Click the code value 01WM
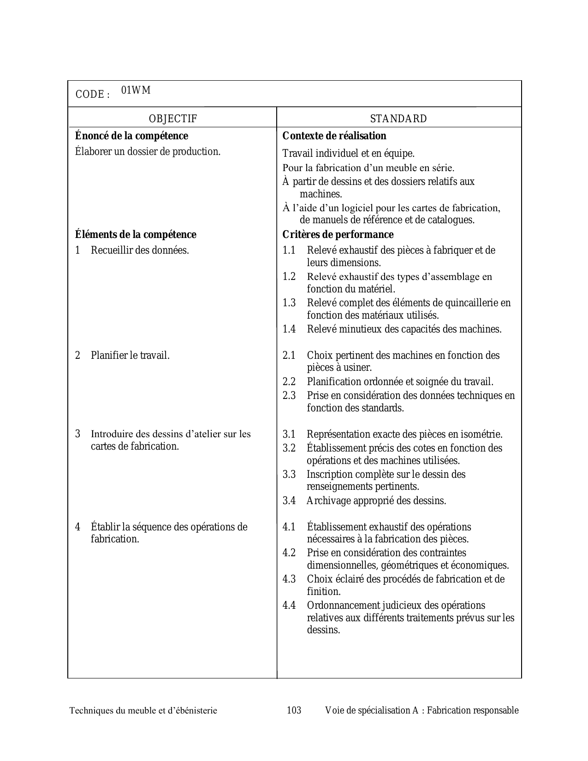pyautogui.click(x=136, y=90)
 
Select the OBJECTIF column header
pyautogui.click(x=173, y=119)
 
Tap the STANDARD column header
pyautogui.click(x=398, y=119)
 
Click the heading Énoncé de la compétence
pyautogui.click(x=131, y=136)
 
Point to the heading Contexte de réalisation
pyautogui.click(x=334, y=136)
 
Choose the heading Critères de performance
pyautogui.click(x=338, y=235)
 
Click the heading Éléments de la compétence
pyautogui.click(x=136, y=235)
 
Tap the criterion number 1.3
pyautogui.click(x=289, y=303)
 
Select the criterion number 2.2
pyautogui.click(x=289, y=382)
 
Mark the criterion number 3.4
pyautogui.click(x=289, y=501)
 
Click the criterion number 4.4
pyautogui.click(x=289, y=606)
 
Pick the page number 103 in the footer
pyautogui.click(x=294, y=710)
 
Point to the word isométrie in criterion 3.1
pyautogui.click(x=480, y=434)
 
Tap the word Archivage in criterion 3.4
pyautogui.click(x=328, y=501)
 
